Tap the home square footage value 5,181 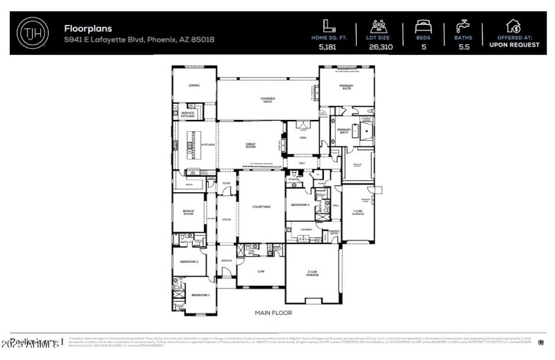point(326,47)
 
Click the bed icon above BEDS point(422,26)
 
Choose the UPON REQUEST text point(514,44)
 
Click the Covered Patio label point(268,101)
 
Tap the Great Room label point(250,146)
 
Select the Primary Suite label point(347,87)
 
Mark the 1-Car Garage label point(358,212)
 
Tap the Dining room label point(194,85)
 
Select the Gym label point(261,271)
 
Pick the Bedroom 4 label point(300,205)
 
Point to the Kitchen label point(208,144)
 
